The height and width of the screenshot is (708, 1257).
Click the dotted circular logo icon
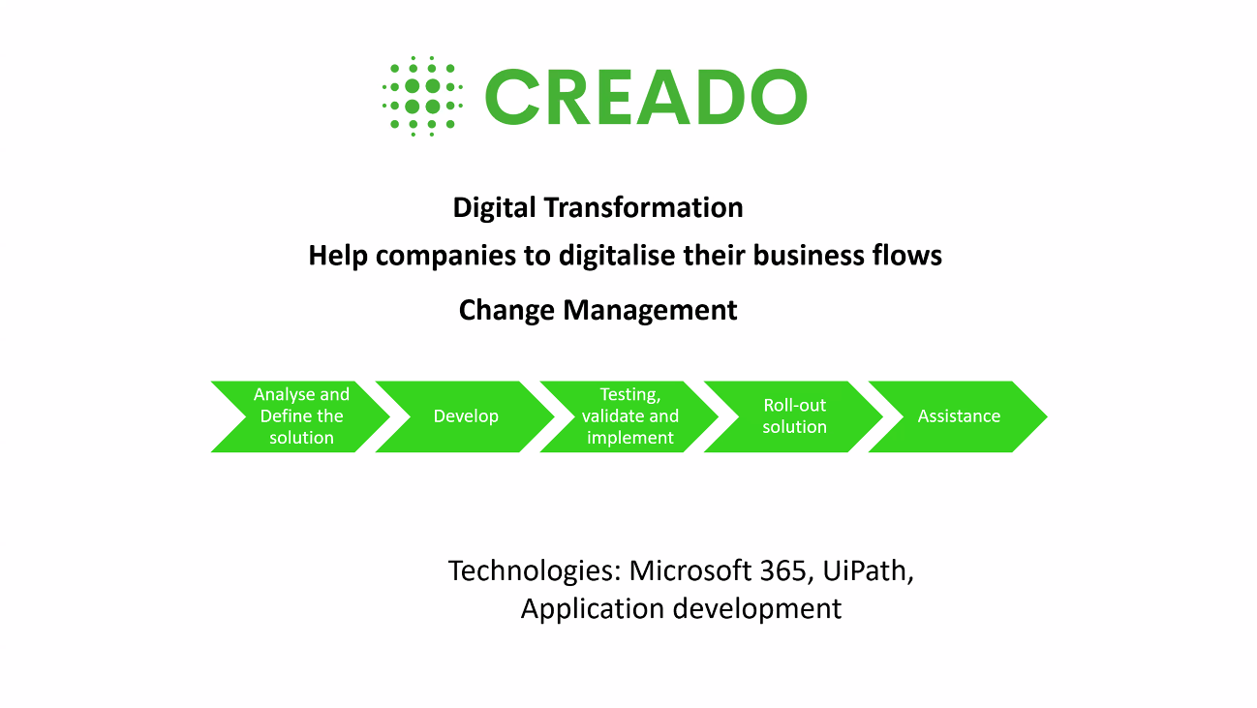[422, 96]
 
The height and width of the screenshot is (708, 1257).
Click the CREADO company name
[646, 97]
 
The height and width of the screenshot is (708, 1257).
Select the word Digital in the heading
[495, 208]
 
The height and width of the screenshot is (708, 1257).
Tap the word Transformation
[644, 207]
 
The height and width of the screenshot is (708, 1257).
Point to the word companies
[445, 257]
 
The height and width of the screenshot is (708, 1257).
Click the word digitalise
[617, 256]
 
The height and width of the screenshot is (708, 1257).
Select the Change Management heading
[598, 310]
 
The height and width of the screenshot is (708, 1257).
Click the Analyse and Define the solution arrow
[301, 416]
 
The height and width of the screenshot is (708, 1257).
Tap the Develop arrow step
[465, 416]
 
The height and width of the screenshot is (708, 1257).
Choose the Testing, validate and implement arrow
[629, 416]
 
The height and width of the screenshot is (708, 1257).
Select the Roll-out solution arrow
[794, 416]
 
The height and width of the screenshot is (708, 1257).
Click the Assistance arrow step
[959, 416]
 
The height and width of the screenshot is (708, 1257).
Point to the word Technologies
[535, 571]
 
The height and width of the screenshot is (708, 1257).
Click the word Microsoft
[690, 570]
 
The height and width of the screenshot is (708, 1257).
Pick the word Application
[593, 609]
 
